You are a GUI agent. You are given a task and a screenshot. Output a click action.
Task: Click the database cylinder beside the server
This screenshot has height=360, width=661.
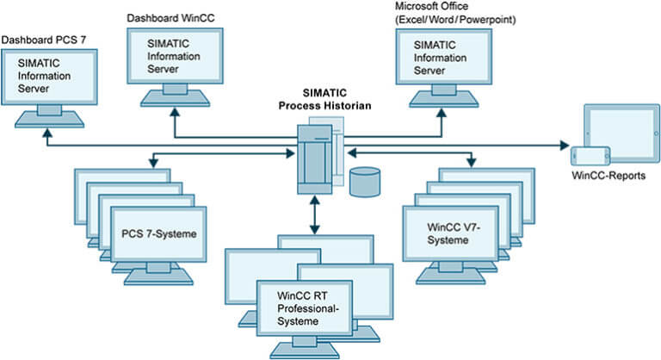(x=365, y=183)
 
